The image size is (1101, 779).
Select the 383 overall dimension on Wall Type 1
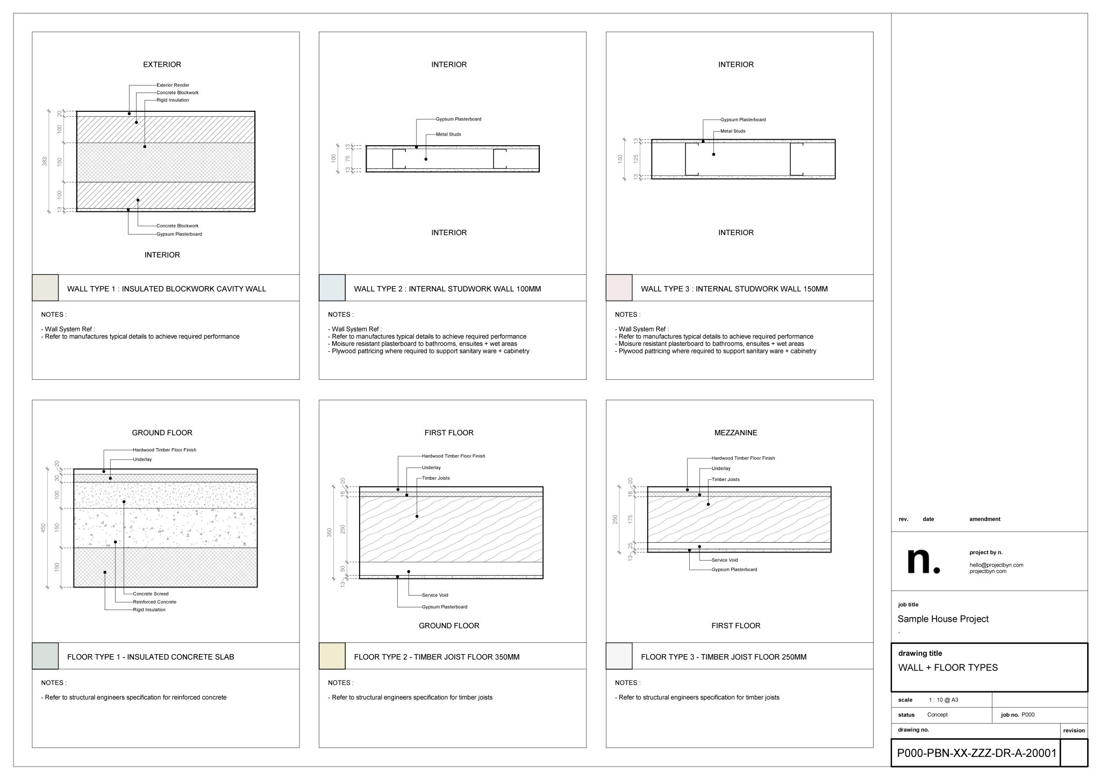coord(45,161)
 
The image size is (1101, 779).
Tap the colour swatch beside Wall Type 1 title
coord(45,288)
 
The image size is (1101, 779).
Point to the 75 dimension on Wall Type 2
coord(348,159)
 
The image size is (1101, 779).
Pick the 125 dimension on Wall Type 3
coord(635,159)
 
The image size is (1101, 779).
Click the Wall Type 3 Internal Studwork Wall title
coord(734,289)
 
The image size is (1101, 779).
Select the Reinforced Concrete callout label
coord(154,602)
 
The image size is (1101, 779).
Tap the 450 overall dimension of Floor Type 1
coord(44,529)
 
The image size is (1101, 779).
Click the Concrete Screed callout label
coord(151,594)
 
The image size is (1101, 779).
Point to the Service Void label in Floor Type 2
coord(435,595)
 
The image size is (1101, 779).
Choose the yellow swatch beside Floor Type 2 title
coord(332,656)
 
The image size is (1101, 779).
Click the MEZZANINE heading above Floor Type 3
coord(735,433)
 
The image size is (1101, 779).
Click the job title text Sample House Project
coord(943,619)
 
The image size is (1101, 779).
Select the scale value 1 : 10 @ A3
coord(943,700)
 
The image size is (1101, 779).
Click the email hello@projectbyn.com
coord(996,565)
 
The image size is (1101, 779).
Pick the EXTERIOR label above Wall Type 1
coord(162,65)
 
